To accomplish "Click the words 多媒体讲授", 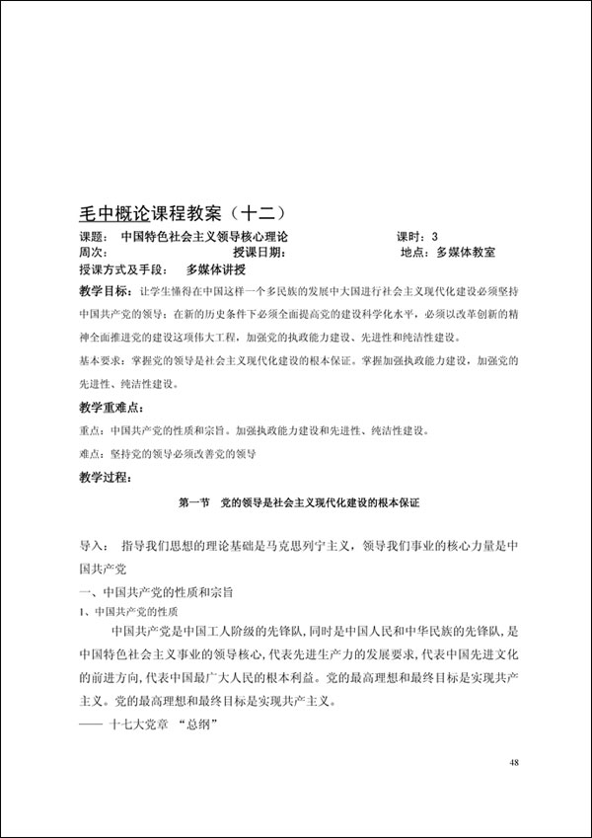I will click(215, 269).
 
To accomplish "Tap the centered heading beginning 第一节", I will click(292, 503).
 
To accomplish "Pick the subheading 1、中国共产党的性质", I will click(128, 613).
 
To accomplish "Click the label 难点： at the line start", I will click(92, 454).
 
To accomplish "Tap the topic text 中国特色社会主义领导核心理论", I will click(204, 237).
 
